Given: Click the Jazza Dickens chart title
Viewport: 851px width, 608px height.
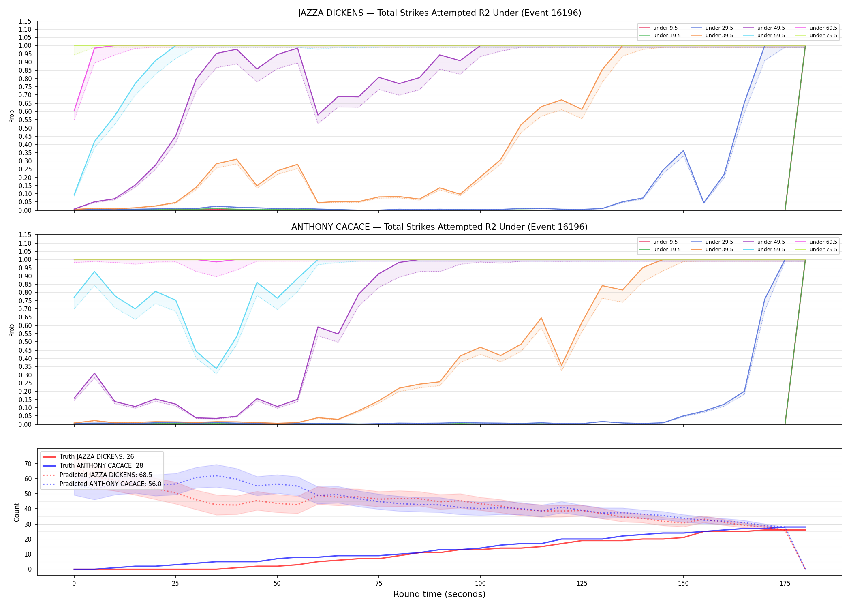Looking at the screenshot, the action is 440,13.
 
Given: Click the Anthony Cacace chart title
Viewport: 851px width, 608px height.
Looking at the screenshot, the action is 440,227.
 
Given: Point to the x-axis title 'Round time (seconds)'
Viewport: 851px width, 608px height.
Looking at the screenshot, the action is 439,594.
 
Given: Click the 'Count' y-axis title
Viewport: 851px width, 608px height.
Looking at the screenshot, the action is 17,512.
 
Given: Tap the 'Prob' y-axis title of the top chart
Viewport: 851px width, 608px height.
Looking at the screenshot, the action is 12,116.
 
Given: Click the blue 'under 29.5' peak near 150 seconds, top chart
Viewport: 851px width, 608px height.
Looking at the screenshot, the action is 683,151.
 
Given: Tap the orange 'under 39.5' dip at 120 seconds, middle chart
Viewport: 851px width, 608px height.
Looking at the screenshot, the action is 561,366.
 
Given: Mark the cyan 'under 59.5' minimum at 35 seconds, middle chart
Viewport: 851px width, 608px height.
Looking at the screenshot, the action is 216,369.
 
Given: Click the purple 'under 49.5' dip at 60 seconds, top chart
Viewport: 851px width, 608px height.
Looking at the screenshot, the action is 318,115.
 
